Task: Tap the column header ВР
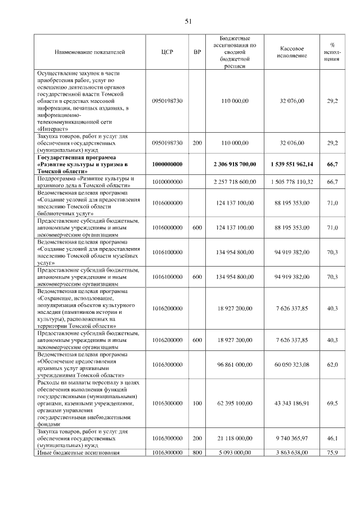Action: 197,52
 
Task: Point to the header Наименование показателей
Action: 89,52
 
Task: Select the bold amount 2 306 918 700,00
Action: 235,164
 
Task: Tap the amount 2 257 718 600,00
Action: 235,182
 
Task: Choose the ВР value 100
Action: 197,403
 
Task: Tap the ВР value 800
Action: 197,452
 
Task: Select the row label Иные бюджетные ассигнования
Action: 78,452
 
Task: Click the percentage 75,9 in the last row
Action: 332,452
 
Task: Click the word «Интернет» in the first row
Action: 53,128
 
